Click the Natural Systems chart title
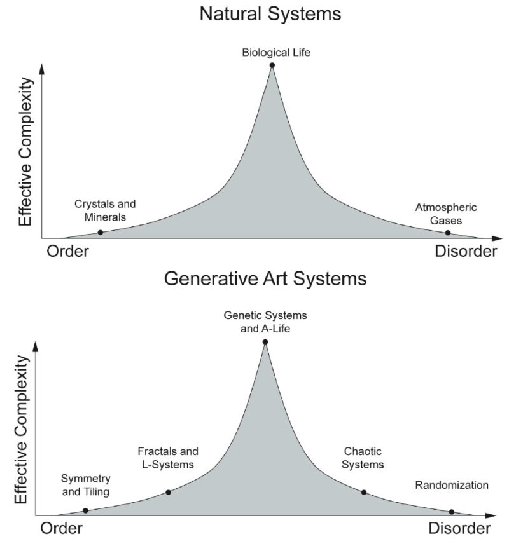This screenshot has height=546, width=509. [270, 14]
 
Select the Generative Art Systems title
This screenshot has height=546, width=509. [265, 279]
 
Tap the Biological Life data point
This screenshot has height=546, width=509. [272, 65]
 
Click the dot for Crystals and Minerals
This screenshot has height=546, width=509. [101, 232]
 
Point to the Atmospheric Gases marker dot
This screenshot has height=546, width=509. [448, 233]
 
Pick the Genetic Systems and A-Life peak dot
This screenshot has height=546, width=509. [265, 342]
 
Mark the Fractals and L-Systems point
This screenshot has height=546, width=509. [169, 493]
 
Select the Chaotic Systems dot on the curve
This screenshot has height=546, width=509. [364, 493]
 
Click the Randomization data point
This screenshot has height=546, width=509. [452, 512]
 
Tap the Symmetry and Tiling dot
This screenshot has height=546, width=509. [85, 511]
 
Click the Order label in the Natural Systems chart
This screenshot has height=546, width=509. [67, 252]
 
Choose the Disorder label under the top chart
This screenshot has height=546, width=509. [466, 252]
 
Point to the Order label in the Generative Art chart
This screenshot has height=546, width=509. [61, 529]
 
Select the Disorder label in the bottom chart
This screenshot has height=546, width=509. [459, 529]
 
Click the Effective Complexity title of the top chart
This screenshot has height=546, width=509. [25, 152]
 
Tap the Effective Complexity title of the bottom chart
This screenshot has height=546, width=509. [21, 429]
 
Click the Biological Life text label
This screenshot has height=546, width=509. [276, 53]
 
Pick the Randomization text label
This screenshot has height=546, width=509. [452, 485]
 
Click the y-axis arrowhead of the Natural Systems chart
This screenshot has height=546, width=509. [42, 69]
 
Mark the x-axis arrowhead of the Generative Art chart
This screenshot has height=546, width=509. [490, 515]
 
